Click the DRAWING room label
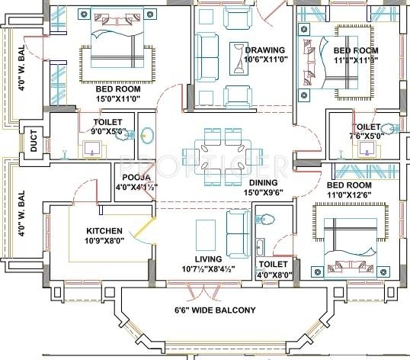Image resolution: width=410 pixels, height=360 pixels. click(x=264, y=50)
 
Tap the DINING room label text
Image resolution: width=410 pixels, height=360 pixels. click(x=263, y=183)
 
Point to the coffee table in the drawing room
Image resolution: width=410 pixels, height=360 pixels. click(x=239, y=53)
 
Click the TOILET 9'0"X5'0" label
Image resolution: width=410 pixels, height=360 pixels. click(x=108, y=126)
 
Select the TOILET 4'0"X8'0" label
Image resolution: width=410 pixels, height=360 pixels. click(x=273, y=270)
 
